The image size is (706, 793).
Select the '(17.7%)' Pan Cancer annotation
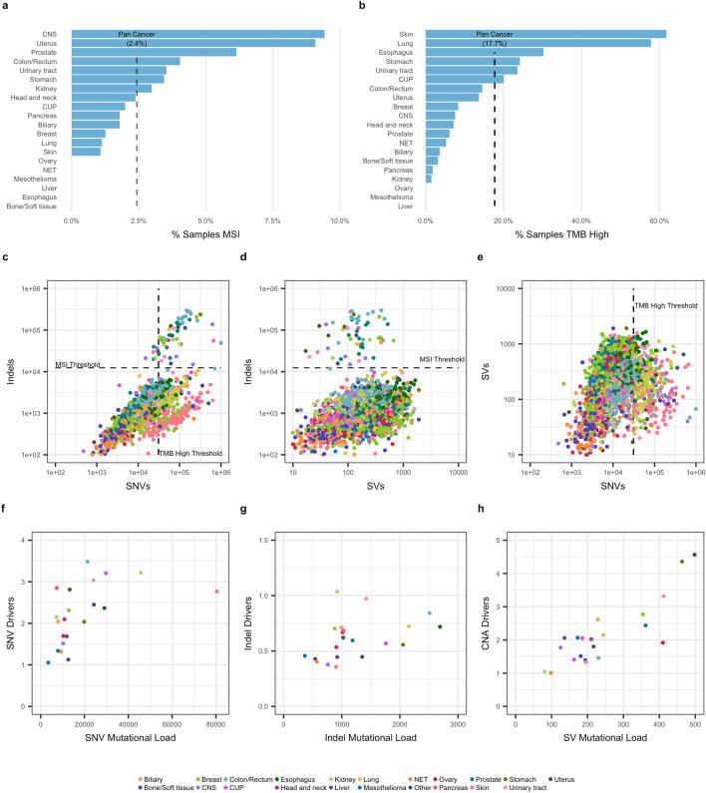494,43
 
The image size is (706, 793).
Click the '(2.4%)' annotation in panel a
137,43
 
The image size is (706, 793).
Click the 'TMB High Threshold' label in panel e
666,305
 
